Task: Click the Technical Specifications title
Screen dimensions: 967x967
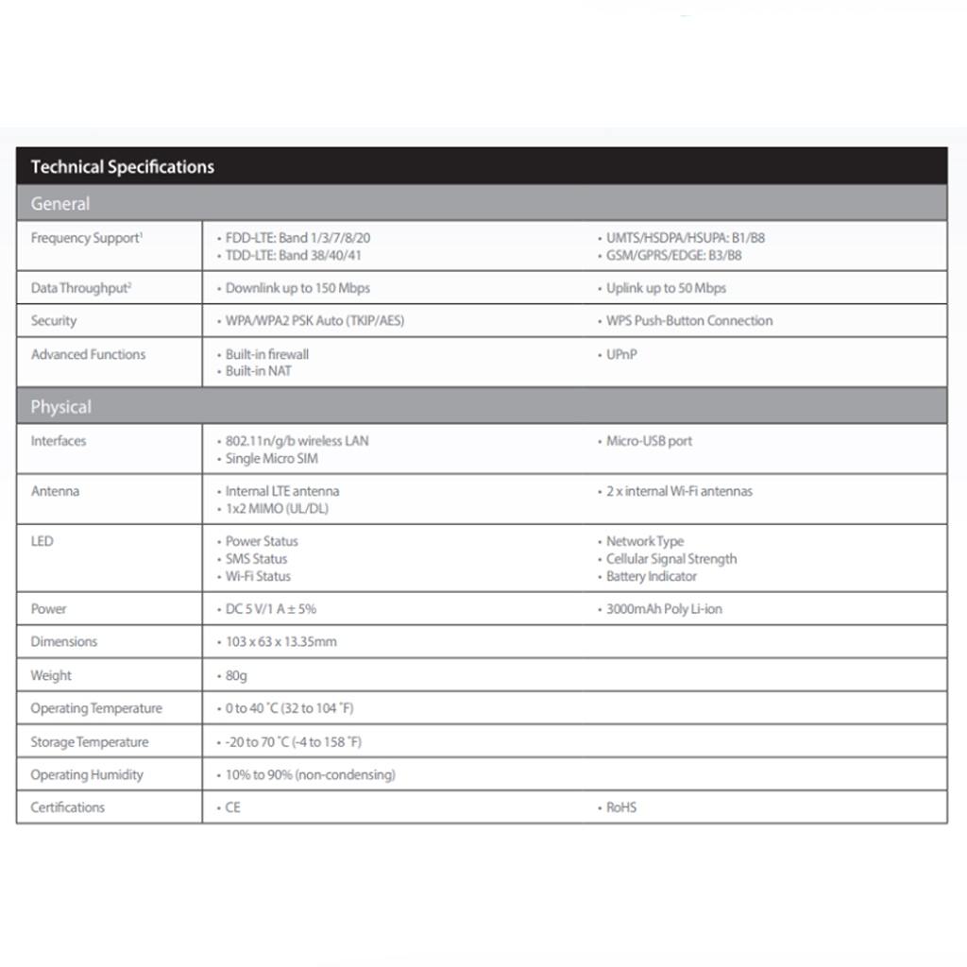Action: pyautogui.click(x=122, y=167)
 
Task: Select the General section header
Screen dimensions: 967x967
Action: pyautogui.click(x=60, y=204)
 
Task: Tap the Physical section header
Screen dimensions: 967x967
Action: pyautogui.click(x=61, y=407)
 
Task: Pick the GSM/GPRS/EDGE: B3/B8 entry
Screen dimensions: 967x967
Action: pyautogui.click(x=673, y=255)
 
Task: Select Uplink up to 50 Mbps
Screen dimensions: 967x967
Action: pyautogui.click(x=666, y=288)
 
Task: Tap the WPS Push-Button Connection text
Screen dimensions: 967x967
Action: pyautogui.click(x=688, y=321)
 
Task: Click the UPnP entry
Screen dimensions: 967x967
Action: pyautogui.click(x=621, y=355)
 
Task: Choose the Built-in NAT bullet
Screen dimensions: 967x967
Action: pyautogui.click(x=258, y=372)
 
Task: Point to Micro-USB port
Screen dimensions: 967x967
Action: pyautogui.click(x=649, y=441)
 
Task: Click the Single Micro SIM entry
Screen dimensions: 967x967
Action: pyautogui.click(x=271, y=459)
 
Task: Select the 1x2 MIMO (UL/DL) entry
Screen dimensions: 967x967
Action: pyautogui.click(x=277, y=509)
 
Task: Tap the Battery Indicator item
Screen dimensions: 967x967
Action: pyautogui.click(x=651, y=576)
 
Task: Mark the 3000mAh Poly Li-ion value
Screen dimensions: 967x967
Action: pyautogui.click(x=663, y=609)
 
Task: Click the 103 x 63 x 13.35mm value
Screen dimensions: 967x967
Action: pyautogui.click(x=280, y=642)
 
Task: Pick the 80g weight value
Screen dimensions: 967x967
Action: pyautogui.click(x=236, y=676)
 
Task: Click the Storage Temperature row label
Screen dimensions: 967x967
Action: pyautogui.click(x=90, y=742)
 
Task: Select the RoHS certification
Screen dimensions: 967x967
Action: pyautogui.click(x=620, y=807)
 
